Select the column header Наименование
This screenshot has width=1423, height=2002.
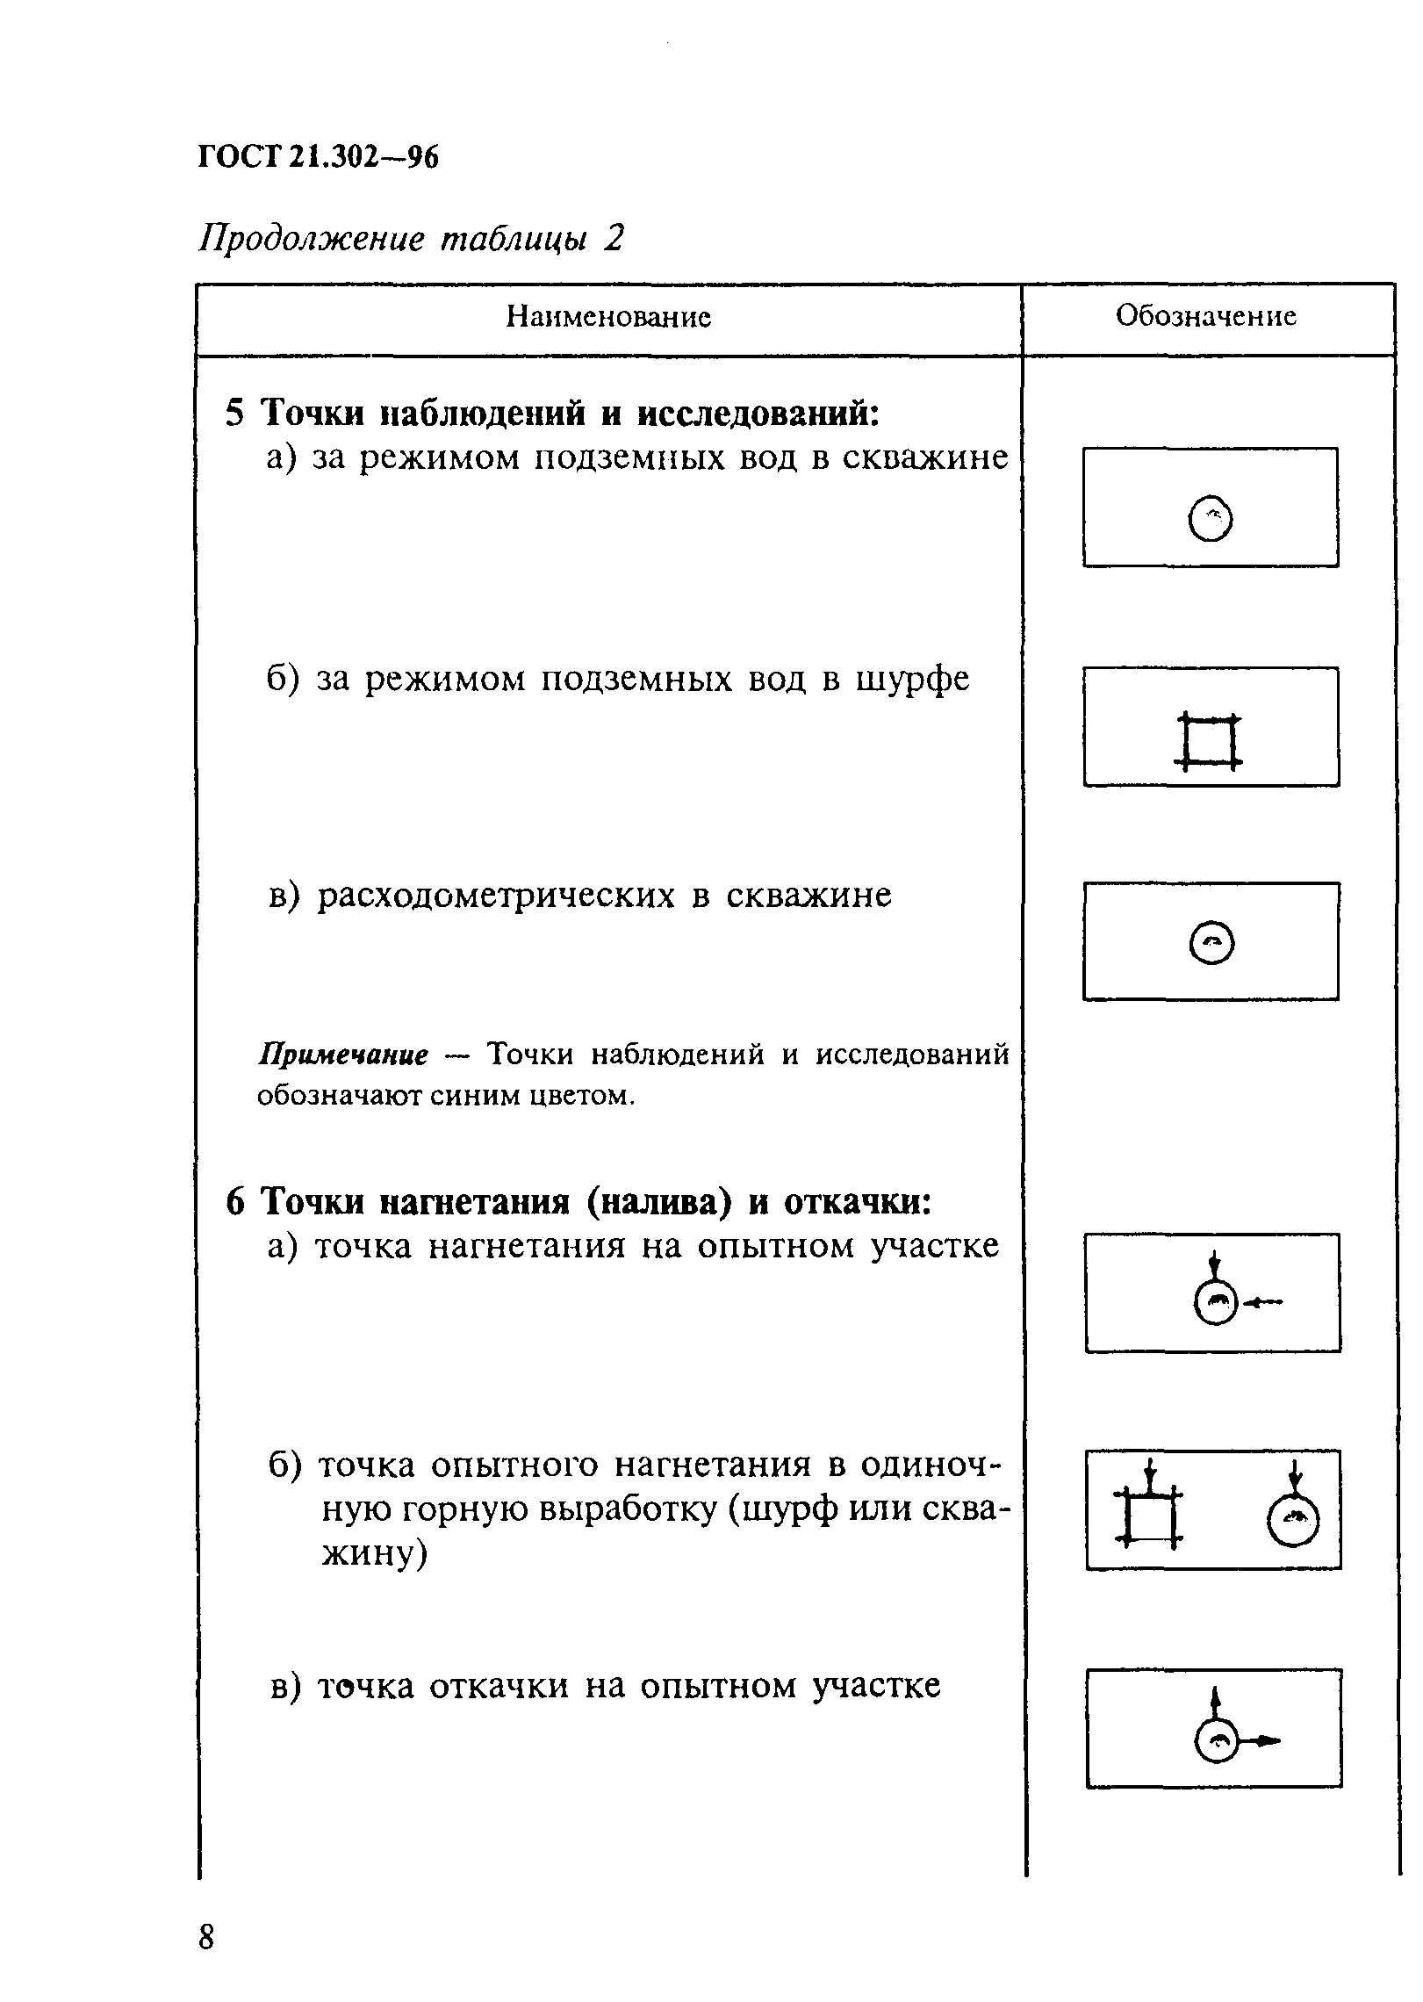(608, 317)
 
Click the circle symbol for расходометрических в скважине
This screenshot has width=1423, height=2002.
(1211, 945)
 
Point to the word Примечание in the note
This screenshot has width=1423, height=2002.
(343, 1055)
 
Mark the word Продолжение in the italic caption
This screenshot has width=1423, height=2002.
(312, 239)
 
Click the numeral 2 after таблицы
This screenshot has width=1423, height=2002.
(613, 238)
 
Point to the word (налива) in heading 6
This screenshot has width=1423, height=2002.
(658, 1202)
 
